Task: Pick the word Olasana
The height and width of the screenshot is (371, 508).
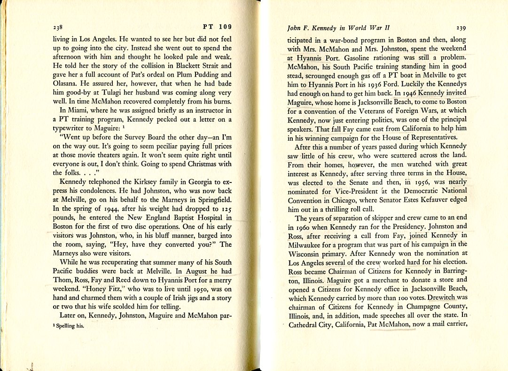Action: [68, 84]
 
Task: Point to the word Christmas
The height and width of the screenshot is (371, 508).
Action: [190, 164]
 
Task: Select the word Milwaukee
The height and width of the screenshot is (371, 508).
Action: [307, 245]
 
